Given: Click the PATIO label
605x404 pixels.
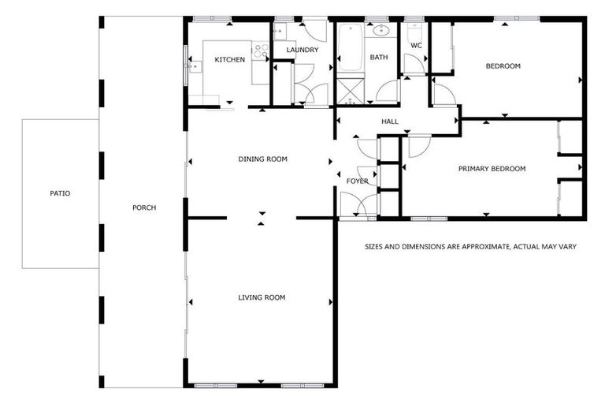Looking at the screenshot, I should (60, 193).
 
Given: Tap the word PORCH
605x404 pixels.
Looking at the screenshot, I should (144, 208).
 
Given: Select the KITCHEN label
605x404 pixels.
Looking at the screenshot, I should (230, 60).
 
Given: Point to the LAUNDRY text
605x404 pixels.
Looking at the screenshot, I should (302, 50).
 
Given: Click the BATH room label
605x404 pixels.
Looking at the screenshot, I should (380, 58).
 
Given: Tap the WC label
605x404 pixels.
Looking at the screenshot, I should (417, 46).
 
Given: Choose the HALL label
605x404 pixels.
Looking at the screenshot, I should (390, 122).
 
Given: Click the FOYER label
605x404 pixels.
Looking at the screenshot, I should (358, 181).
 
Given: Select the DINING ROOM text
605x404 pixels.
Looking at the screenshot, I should (263, 159).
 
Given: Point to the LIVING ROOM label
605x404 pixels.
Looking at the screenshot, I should (262, 297).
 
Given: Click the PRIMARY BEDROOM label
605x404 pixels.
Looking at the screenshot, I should (492, 169).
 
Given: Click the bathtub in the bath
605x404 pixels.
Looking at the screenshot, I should (349, 47).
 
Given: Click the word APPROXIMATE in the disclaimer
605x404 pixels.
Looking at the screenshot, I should (481, 247).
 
